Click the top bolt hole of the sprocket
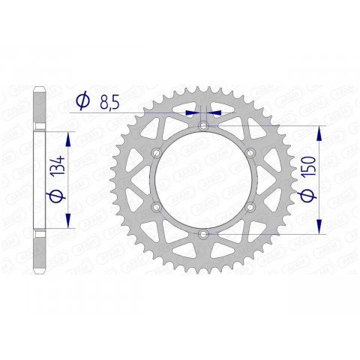coord(203,124)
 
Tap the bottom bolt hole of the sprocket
coord(203,235)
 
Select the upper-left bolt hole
coord(156,152)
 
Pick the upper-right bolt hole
coord(250,152)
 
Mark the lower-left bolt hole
coord(156,207)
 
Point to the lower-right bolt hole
coord(250,207)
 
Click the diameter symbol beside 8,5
coord(82,100)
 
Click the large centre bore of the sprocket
coord(203,180)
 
